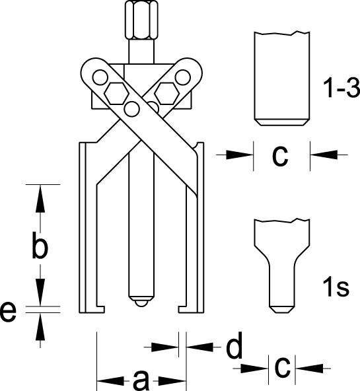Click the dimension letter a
(141, 380)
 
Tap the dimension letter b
(40, 244)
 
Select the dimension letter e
(8, 312)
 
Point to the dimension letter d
(234, 345)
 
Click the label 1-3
(342, 88)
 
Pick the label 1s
(336, 287)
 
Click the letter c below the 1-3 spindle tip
(281, 156)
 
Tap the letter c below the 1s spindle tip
(282, 367)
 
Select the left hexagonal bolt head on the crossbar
(116, 93)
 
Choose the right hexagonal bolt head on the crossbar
(166, 93)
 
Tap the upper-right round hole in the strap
(183, 77)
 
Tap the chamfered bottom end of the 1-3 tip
(282, 122)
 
